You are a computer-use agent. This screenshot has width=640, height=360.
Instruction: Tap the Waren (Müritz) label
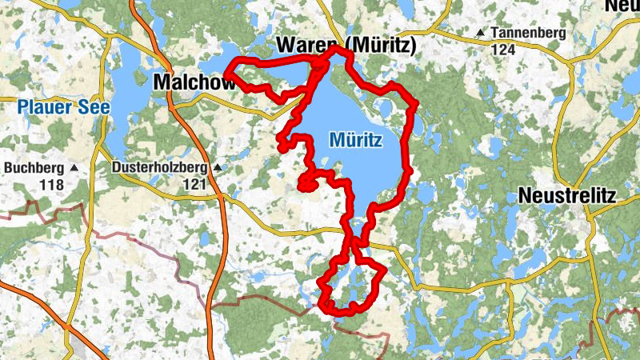click(346, 46)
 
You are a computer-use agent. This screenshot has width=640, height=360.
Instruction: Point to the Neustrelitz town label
click(568, 195)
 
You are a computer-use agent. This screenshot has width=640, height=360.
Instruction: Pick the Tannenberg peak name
click(529, 33)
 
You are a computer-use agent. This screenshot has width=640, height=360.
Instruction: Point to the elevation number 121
click(194, 184)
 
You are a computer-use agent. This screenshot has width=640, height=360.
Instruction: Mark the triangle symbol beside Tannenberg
click(480, 33)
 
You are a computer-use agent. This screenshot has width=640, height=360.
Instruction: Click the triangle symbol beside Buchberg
click(74, 168)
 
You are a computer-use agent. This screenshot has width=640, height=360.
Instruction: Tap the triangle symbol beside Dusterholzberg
click(215, 168)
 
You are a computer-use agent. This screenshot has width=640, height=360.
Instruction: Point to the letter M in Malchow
click(161, 82)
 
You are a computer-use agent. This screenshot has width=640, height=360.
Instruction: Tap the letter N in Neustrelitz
click(526, 195)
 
